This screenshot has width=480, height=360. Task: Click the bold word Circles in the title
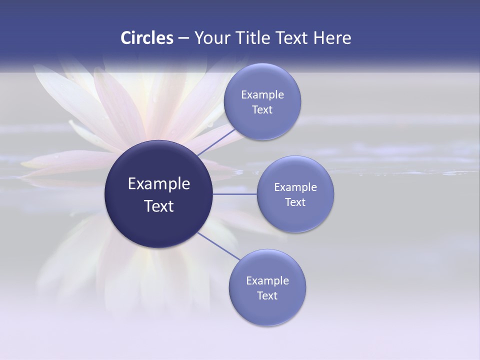(x=146, y=38)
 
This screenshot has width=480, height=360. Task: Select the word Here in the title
(x=332, y=38)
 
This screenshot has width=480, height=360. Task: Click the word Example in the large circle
(x=159, y=184)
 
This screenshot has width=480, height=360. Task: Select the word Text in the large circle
(x=159, y=206)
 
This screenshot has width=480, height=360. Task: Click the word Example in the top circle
(x=262, y=95)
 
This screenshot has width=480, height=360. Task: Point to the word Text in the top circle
(x=262, y=110)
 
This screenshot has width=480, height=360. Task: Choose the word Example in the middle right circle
(x=295, y=187)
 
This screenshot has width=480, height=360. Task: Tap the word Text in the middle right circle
(x=295, y=202)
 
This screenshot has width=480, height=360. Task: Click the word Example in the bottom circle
(x=267, y=281)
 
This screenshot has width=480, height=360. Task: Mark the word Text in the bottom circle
(x=267, y=296)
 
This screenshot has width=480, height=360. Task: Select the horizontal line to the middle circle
(x=234, y=194)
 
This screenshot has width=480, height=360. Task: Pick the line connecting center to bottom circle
(x=219, y=246)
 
